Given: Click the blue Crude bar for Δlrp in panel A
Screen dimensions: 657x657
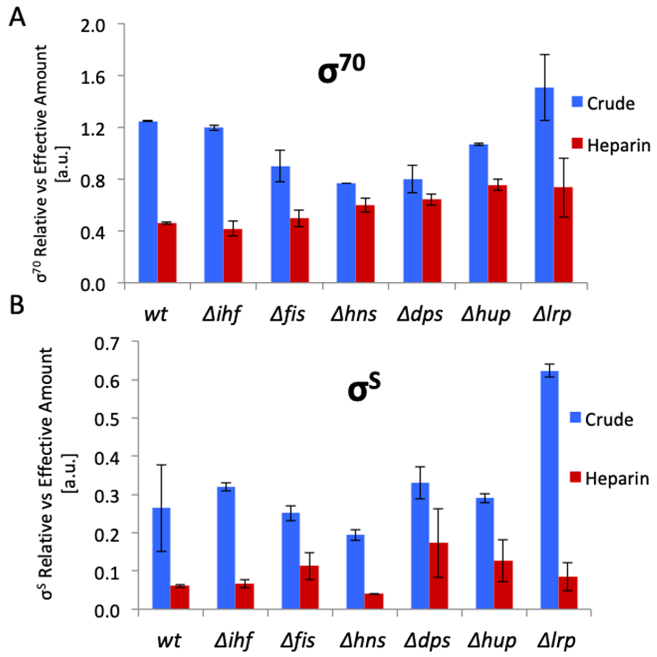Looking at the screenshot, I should (x=544, y=185).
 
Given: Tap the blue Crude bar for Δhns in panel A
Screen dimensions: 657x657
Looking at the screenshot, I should (x=346, y=233).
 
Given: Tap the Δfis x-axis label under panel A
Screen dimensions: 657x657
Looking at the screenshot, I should (x=288, y=314).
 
